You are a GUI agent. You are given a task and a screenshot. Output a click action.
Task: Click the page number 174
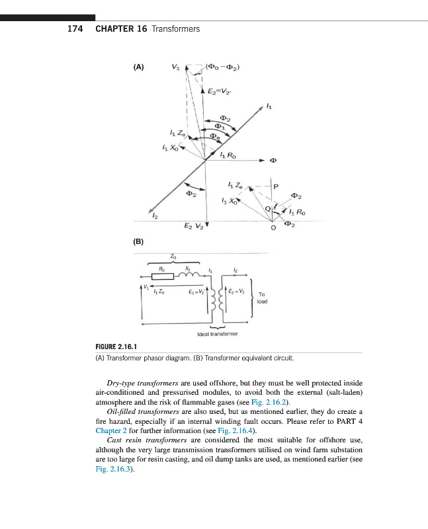click(75, 29)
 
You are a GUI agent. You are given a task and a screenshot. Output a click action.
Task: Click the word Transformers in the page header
click(175, 29)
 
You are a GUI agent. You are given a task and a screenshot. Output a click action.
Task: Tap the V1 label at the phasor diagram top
click(175, 67)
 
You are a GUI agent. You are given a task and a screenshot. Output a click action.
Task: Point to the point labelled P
click(276, 186)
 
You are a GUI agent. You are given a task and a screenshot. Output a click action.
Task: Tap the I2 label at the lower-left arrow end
click(155, 216)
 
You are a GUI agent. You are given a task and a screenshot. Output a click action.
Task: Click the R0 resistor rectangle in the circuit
click(163, 277)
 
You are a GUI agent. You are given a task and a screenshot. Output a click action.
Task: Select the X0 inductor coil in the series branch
click(190, 276)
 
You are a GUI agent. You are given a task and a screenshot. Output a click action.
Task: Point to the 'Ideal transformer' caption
click(216, 335)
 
